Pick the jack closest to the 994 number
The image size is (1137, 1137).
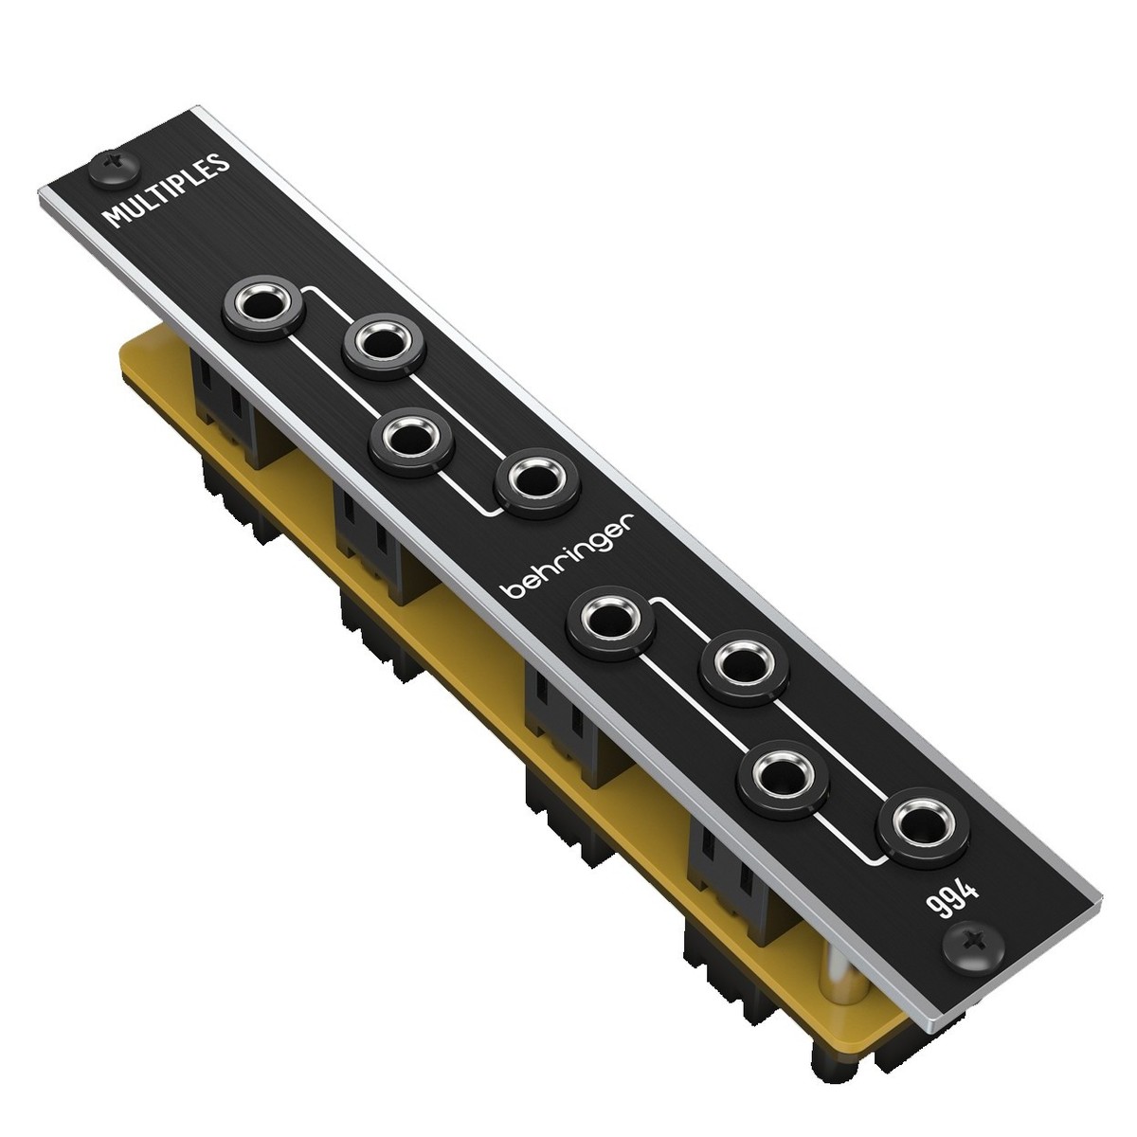click(x=912, y=822)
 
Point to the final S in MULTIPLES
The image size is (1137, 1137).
click(x=220, y=163)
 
